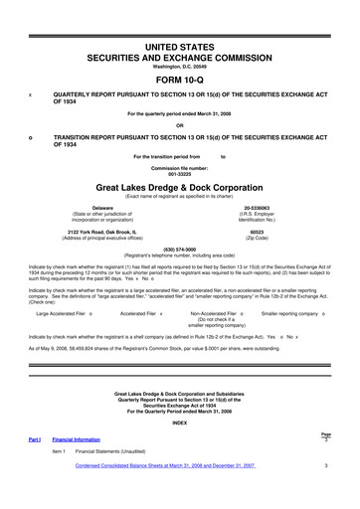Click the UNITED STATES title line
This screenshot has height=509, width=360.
180,47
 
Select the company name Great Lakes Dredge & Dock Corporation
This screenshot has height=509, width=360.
180,185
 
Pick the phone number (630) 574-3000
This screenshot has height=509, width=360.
180,249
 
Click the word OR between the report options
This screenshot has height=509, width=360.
180,124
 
